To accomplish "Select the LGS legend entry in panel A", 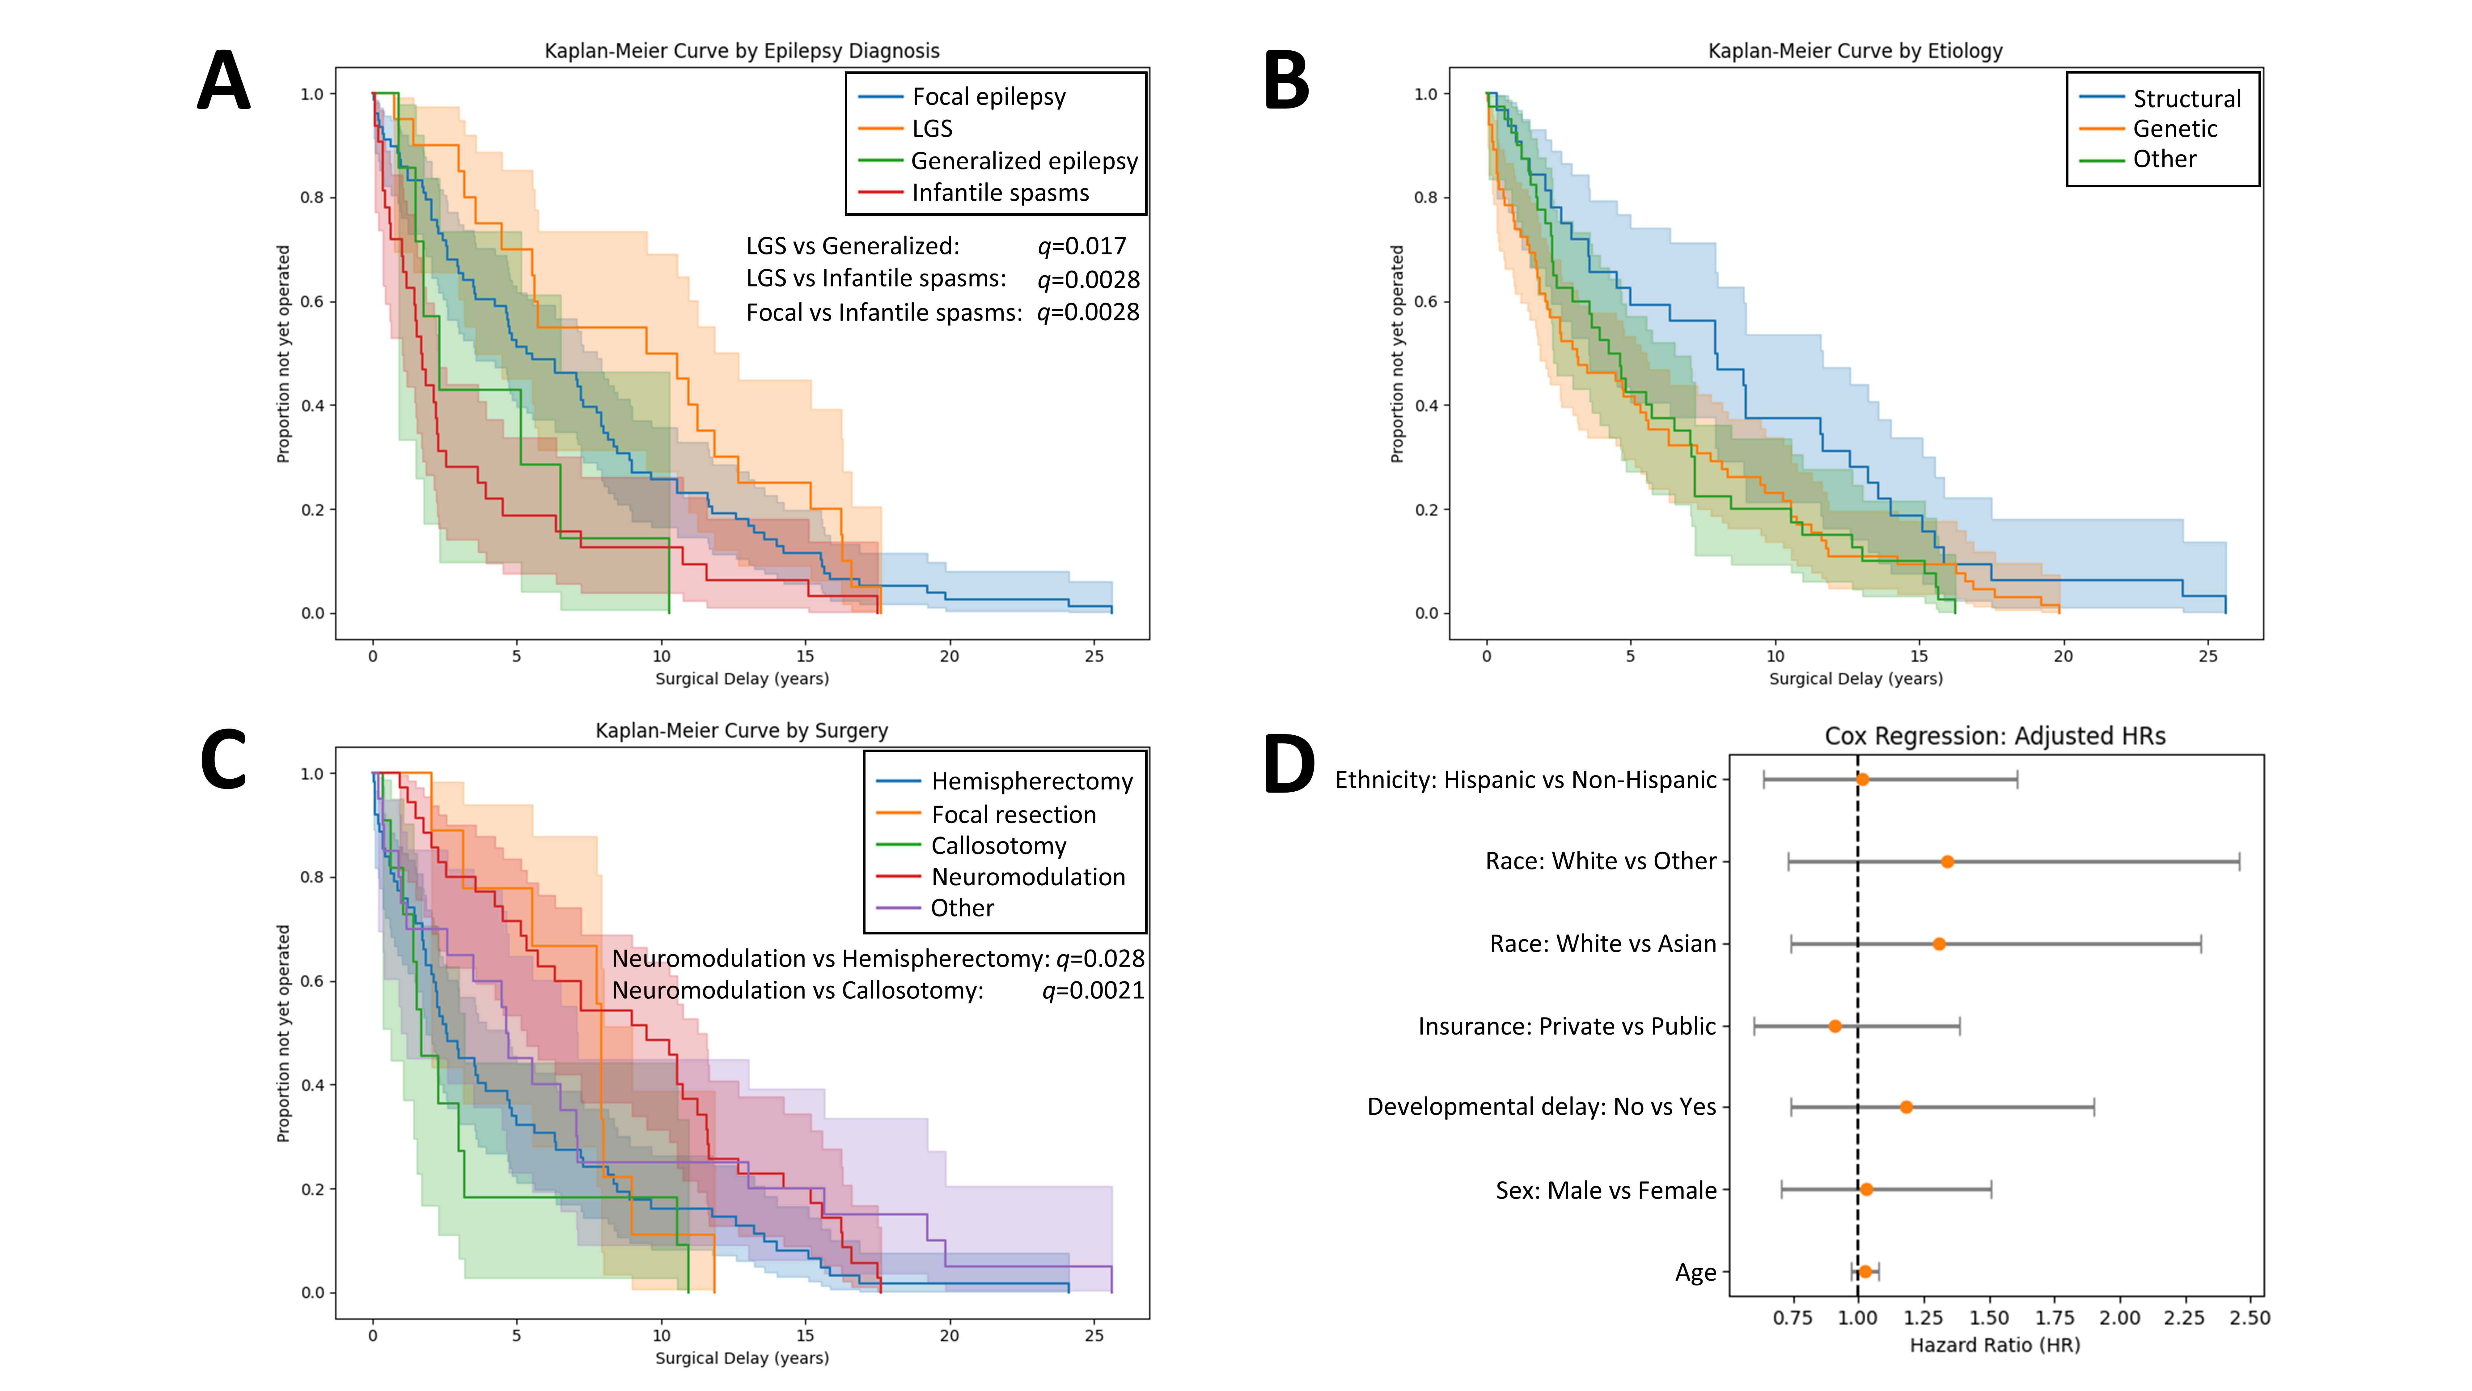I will (x=931, y=129).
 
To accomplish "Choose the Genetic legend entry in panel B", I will (x=2174, y=129).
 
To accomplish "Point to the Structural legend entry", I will (x=2186, y=99).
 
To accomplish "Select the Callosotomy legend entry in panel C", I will (x=998, y=846).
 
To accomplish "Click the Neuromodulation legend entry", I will (x=1028, y=876).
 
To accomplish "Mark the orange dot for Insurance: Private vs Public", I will (x=1835, y=1026).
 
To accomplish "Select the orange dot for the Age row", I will (x=1865, y=1272).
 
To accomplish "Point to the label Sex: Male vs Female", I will (x=1606, y=1190).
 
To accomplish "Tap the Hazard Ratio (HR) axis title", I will (x=1994, y=1345).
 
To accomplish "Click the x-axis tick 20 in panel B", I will (x=2062, y=657).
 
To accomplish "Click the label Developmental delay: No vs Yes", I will (x=1541, y=1107).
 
